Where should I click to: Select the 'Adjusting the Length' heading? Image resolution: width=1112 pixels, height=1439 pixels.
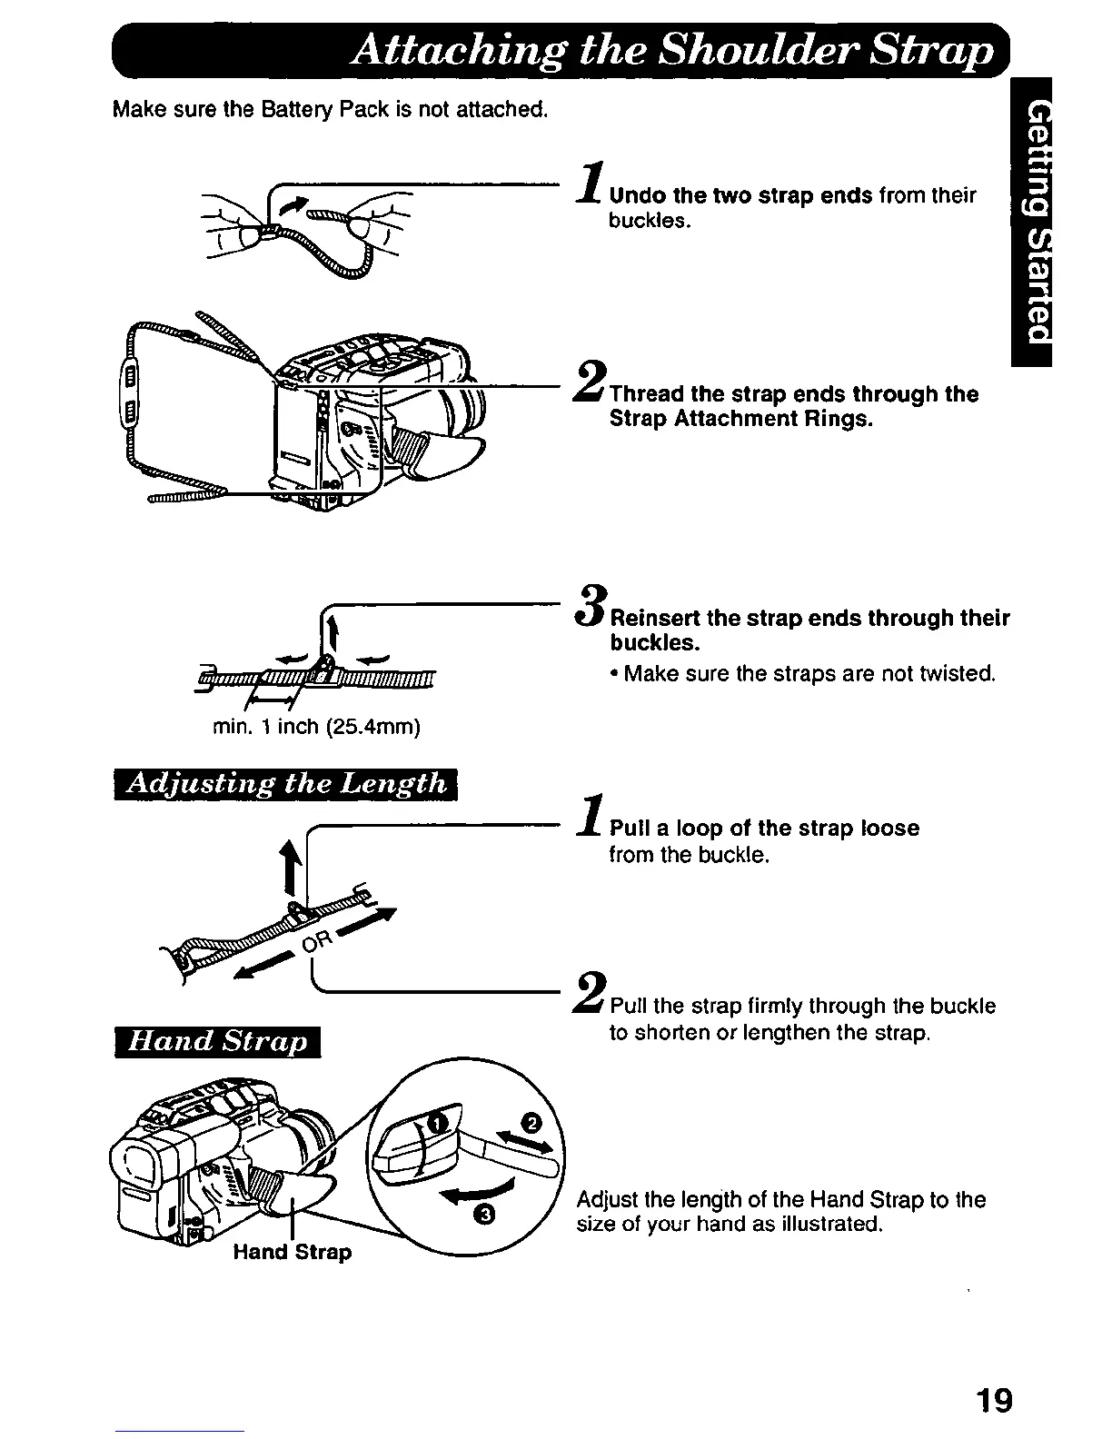(288, 784)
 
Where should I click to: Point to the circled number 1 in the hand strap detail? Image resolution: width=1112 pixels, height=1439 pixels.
(437, 1125)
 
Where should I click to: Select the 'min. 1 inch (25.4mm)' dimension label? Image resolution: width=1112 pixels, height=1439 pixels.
(315, 728)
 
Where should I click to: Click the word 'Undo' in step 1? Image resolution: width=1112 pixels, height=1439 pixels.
(633, 196)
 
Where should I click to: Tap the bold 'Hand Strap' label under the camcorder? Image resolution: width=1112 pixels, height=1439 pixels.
(292, 1252)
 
